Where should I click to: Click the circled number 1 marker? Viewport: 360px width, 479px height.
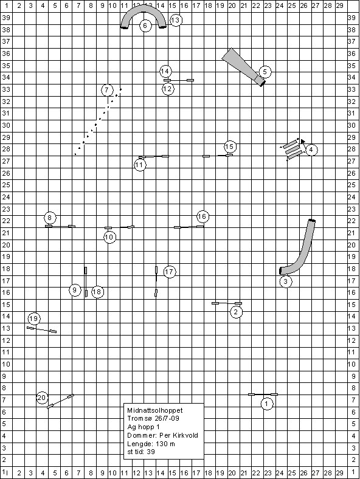pyautogui.click(x=267, y=404)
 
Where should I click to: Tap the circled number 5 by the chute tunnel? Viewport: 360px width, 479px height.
pyautogui.click(x=265, y=72)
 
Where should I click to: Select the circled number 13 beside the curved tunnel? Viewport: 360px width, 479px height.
pyautogui.click(x=175, y=20)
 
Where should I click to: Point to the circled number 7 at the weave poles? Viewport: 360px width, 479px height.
pyautogui.click(x=107, y=90)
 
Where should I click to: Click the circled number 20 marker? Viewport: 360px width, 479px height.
pyautogui.click(x=42, y=398)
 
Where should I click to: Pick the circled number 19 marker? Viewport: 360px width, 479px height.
pyautogui.click(x=34, y=319)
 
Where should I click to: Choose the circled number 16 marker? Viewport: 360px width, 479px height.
pyautogui.click(x=202, y=217)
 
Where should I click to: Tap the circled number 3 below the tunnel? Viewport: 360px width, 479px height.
pyautogui.click(x=286, y=281)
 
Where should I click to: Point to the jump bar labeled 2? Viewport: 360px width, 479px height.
pyautogui.click(x=227, y=303)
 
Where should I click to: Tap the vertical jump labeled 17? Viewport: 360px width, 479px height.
pyautogui.click(x=156, y=281)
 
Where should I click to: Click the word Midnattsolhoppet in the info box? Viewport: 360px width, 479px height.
pyautogui.click(x=155, y=410)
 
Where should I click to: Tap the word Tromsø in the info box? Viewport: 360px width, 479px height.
pyautogui.click(x=137, y=418)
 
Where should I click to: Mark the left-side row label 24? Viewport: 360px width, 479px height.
pyautogui.click(x=6, y=197)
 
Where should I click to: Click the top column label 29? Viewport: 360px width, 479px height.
pyautogui.click(x=340, y=5)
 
